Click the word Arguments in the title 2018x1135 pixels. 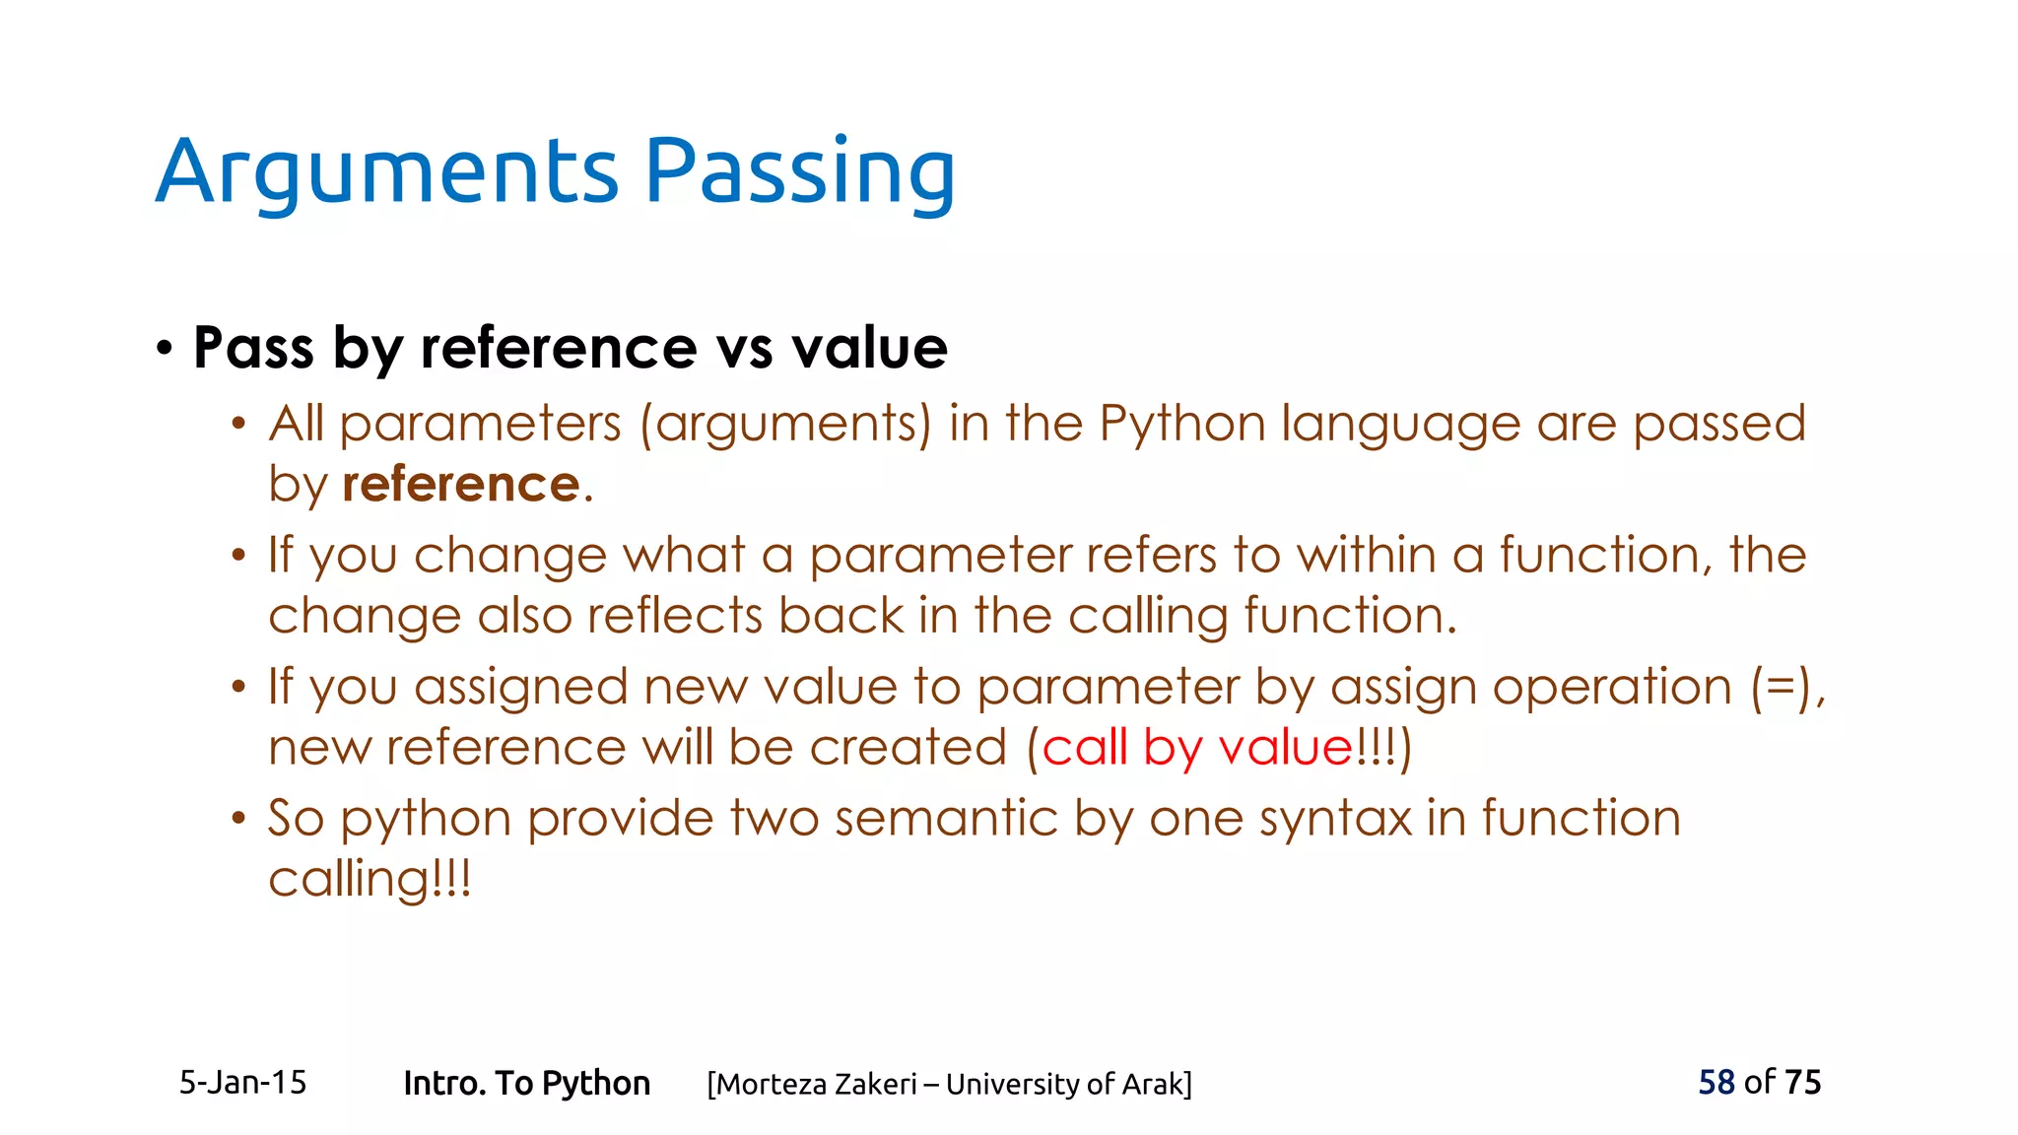tap(386, 172)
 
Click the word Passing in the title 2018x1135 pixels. tap(799, 172)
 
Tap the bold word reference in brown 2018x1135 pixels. tap(460, 485)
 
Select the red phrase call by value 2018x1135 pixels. tap(1197, 747)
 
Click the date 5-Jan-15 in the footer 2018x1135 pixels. tap(242, 1083)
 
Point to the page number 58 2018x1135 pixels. tap(1715, 1082)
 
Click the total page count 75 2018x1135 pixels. tap(1802, 1082)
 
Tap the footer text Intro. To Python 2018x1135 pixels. tap(526, 1083)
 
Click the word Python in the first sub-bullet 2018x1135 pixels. tap(1181, 425)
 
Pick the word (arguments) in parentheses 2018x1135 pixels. tap(785, 425)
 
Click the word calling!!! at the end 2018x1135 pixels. tap(370, 879)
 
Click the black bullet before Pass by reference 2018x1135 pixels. tap(165, 348)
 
